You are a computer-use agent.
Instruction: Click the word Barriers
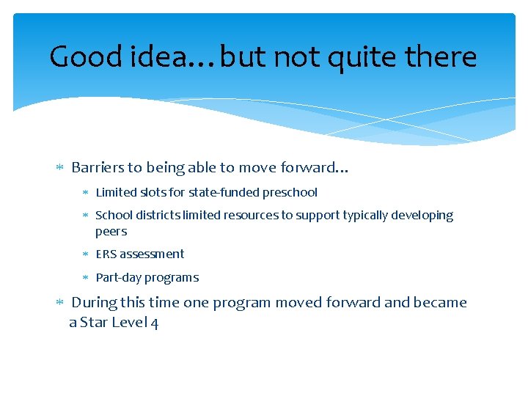(98, 167)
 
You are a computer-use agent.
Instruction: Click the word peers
(111, 232)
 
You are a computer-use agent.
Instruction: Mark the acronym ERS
(106, 254)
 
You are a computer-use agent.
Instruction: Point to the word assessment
(152, 254)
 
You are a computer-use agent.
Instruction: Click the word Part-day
(119, 277)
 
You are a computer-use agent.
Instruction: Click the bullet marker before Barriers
(60, 168)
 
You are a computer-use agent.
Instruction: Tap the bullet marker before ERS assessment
(85, 254)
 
